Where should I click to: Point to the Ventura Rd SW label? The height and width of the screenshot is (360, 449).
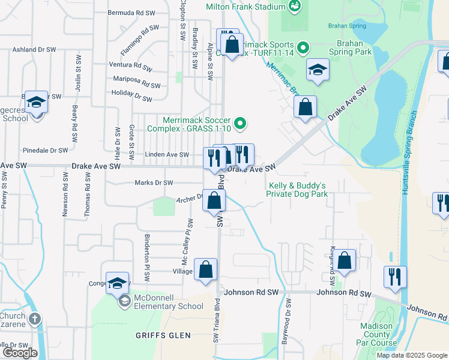(x=133, y=65)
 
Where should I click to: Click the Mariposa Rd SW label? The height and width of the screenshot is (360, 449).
(x=137, y=79)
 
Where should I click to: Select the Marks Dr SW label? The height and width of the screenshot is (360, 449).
(x=154, y=182)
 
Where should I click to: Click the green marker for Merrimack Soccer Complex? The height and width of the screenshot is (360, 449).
(x=241, y=124)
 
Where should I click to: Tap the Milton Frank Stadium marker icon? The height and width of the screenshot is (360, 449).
(x=295, y=7)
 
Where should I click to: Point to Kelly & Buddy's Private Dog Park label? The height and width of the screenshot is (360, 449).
(x=297, y=190)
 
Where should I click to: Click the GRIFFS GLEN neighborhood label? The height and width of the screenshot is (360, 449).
(x=163, y=335)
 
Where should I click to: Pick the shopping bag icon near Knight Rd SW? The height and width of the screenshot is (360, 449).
(x=345, y=260)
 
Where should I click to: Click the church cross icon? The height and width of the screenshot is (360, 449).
(x=35, y=318)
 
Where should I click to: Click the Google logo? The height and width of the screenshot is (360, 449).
(x=20, y=352)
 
